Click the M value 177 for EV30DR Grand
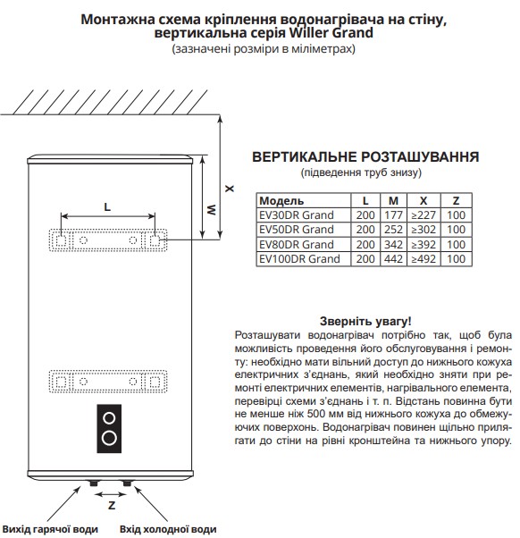(393, 215)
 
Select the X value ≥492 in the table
(424, 258)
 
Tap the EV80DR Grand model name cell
(297, 244)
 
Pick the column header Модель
(281, 200)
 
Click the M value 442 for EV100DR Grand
(393, 258)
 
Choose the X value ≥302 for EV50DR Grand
(424, 229)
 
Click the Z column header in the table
(456, 200)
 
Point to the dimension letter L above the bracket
(107, 207)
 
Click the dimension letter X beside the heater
(229, 189)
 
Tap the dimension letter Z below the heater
(112, 506)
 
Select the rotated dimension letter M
(212, 209)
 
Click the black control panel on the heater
(109, 429)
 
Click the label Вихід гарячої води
(50, 529)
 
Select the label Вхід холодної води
(168, 529)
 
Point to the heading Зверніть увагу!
(365, 321)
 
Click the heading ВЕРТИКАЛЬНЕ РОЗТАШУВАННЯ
(365, 156)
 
